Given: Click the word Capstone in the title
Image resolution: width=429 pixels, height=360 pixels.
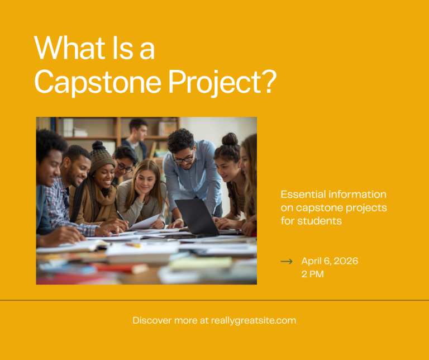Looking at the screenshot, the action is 98,82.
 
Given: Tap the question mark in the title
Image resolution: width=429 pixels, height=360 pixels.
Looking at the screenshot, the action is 268,80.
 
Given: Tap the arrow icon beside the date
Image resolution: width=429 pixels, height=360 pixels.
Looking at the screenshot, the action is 287,262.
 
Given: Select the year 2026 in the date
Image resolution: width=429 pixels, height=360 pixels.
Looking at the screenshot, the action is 346,261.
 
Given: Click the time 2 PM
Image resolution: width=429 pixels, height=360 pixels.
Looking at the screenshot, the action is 312,274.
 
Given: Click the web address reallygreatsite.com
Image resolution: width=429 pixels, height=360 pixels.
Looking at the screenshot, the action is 254,320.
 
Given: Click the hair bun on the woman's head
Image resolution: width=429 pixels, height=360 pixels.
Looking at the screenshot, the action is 230,139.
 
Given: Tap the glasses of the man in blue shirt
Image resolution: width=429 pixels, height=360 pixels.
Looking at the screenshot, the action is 183,160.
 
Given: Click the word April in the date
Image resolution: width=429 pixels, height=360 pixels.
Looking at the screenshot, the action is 311,262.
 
